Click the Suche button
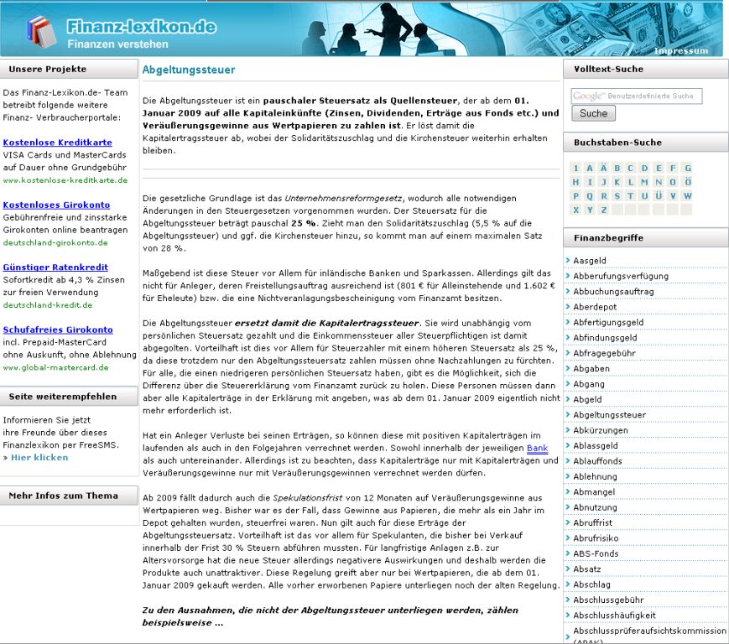[x=593, y=113]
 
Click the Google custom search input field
[x=637, y=96]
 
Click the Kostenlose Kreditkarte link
[x=57, y=143]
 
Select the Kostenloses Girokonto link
[x=56, y=205]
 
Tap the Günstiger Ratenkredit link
[x=55, y=267]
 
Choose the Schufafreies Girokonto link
[x=58, y=330]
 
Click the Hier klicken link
[x=39, y=457]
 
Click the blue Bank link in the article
[x=537, y=448]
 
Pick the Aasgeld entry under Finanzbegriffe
[x=590, y=261]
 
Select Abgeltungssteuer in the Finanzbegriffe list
[x=609, y=415]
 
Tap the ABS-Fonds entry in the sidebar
[x=596, y=553]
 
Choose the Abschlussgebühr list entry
[x=608, y=600]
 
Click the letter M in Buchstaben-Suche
[x=645, y=182]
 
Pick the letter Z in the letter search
[x=603, y=210]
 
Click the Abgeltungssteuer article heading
[x=189, y=70]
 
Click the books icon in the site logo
[x=40, y=32]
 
